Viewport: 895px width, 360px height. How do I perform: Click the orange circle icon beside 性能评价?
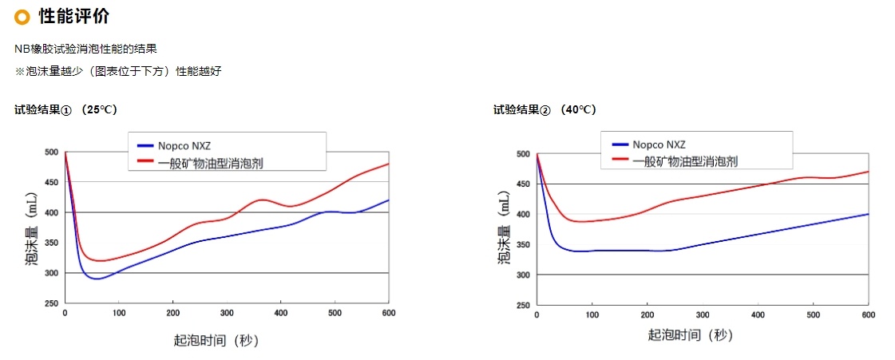[x=22, y=16]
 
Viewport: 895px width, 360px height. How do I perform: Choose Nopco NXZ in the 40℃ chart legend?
[x=659, y=144]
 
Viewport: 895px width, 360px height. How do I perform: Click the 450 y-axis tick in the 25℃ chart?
[x=51, y=182]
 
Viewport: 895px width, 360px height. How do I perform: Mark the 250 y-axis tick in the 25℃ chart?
[x=51, y=303]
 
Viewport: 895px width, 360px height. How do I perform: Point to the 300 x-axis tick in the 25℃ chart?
[x=227, y=312]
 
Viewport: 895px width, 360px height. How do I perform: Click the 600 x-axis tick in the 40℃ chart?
[x=868, y=315]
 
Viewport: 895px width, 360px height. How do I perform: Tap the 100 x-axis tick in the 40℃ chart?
[x=592, y=315]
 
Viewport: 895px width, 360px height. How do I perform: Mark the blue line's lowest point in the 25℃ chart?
[x=96, y=279]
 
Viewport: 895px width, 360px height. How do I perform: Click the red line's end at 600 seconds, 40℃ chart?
[x=868, y=172]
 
